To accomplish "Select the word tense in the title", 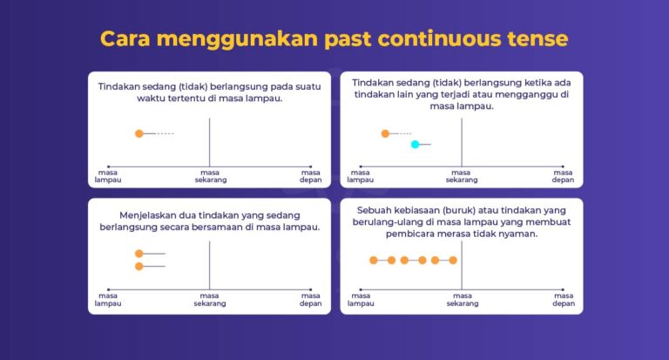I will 537,39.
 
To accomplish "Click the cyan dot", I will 416,144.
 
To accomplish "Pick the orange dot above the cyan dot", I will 385,133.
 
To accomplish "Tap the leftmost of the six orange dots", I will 374,260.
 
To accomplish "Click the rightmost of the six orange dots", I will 452,260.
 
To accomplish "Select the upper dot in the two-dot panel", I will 139,254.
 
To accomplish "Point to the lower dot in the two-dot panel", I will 139,266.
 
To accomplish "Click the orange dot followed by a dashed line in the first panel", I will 139,133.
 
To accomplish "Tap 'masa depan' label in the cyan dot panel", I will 563,176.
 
